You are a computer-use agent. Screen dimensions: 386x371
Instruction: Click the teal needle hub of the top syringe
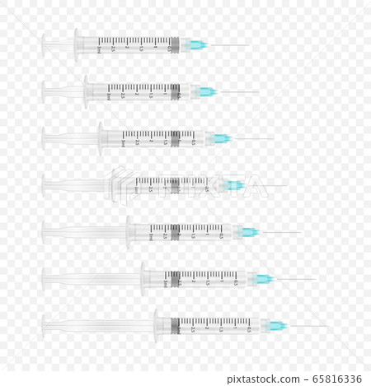(198, 44)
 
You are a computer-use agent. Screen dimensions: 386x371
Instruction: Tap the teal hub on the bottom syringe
(278, 326)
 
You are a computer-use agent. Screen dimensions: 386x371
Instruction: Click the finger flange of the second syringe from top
(87, 91)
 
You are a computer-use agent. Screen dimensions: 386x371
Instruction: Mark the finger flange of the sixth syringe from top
(143, 279)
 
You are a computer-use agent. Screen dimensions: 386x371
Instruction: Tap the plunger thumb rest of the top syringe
(44, 44)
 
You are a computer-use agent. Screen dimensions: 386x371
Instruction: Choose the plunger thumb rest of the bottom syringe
(44, 326)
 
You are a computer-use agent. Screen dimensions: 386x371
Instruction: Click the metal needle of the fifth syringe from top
(280, 232)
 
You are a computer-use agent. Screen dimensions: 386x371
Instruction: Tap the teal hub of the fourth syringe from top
(236, 185)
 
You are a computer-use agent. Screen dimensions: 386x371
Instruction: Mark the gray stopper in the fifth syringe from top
(175, 232)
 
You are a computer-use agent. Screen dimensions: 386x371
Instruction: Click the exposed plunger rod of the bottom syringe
(99, 326)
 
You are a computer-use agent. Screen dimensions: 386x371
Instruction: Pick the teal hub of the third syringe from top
(222, 138)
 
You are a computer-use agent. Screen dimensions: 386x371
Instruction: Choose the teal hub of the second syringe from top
(209, 91)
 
